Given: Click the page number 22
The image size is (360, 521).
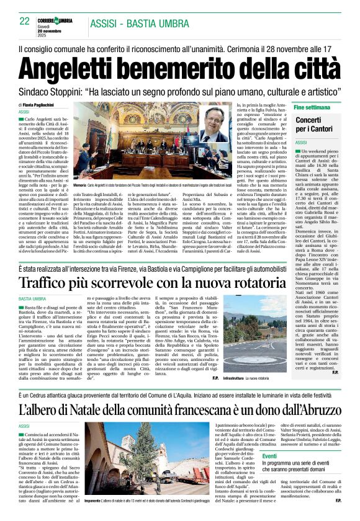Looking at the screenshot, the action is pos(25,21).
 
